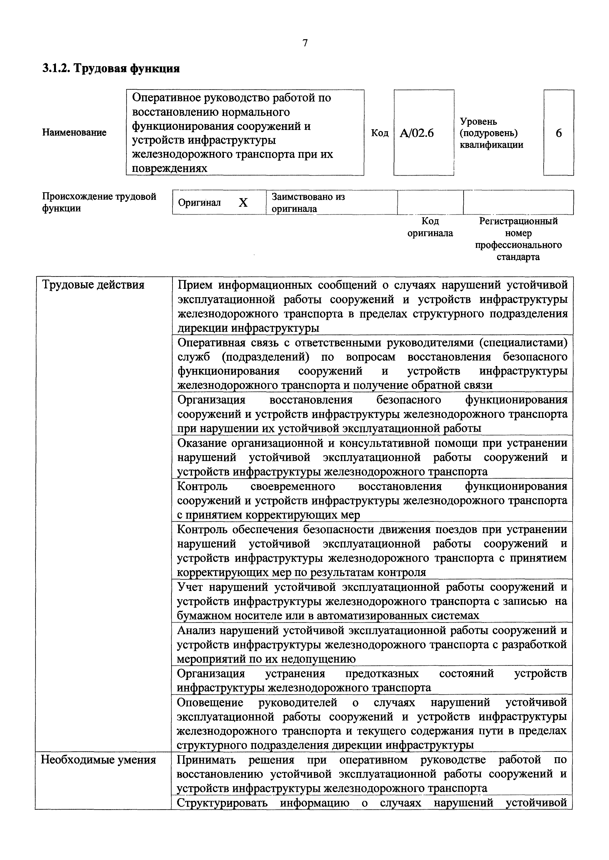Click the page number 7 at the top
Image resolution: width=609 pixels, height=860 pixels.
[305, 43]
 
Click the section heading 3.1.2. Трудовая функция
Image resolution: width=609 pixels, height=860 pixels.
[111, 69]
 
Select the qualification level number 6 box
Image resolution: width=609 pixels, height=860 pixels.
[558, 133]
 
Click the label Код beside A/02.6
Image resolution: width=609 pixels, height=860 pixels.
[379, 133]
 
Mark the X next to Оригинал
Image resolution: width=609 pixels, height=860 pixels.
[243, 203]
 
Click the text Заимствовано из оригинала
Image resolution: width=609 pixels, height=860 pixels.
[308, 203]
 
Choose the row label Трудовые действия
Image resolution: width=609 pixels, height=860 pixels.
[93, 285]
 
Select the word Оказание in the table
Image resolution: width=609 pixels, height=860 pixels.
[201, 443]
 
